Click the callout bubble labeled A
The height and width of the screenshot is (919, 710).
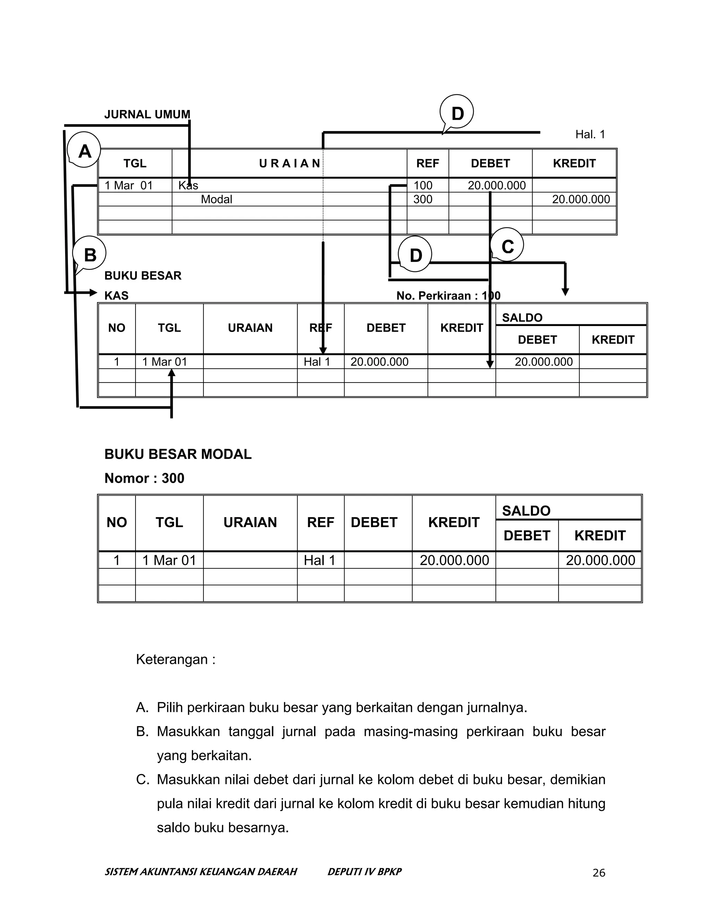tap(84, 150)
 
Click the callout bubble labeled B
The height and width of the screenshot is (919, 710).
tap(89, 254)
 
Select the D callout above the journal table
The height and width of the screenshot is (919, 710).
tap(457, 113)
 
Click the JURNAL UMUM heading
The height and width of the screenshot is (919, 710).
tap(147, 114)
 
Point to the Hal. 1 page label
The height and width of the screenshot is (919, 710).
tap(590, 134)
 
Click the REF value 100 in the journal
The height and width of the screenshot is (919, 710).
tap(423, 185)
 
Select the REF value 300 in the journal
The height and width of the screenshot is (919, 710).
tap(423, 199)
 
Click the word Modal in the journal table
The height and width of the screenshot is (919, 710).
tap(216, 199)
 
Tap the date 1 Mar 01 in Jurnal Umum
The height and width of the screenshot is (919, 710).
tap(128, 185)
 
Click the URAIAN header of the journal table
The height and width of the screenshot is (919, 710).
tap(289, 163)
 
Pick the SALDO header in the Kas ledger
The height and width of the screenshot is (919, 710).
tap(522, 318)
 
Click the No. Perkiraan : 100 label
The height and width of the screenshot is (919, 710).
tap(448, 295)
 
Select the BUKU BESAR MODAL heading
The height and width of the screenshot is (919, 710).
tap(178, 454)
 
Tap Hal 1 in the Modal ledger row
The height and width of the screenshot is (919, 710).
tap(320, 560)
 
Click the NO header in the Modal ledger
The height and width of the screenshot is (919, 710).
tap(116, 522)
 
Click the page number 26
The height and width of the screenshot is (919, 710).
tap(598, 873)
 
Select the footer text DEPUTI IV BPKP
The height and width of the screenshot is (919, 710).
tap(364, 871)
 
